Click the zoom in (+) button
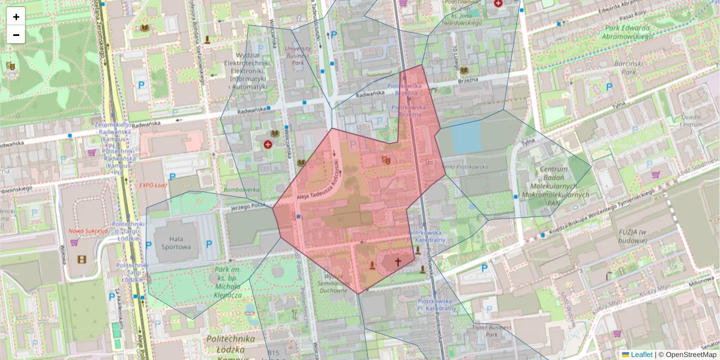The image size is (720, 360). (16, 17)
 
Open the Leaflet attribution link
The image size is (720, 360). (641, 355)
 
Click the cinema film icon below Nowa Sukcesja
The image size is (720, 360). (82, 259)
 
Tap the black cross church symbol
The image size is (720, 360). (397, 262)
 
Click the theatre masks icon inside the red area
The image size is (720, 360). (386, 160)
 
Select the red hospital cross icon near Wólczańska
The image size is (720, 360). (268, 145)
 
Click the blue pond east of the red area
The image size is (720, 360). (466, 137)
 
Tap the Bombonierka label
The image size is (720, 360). (241, 190)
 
